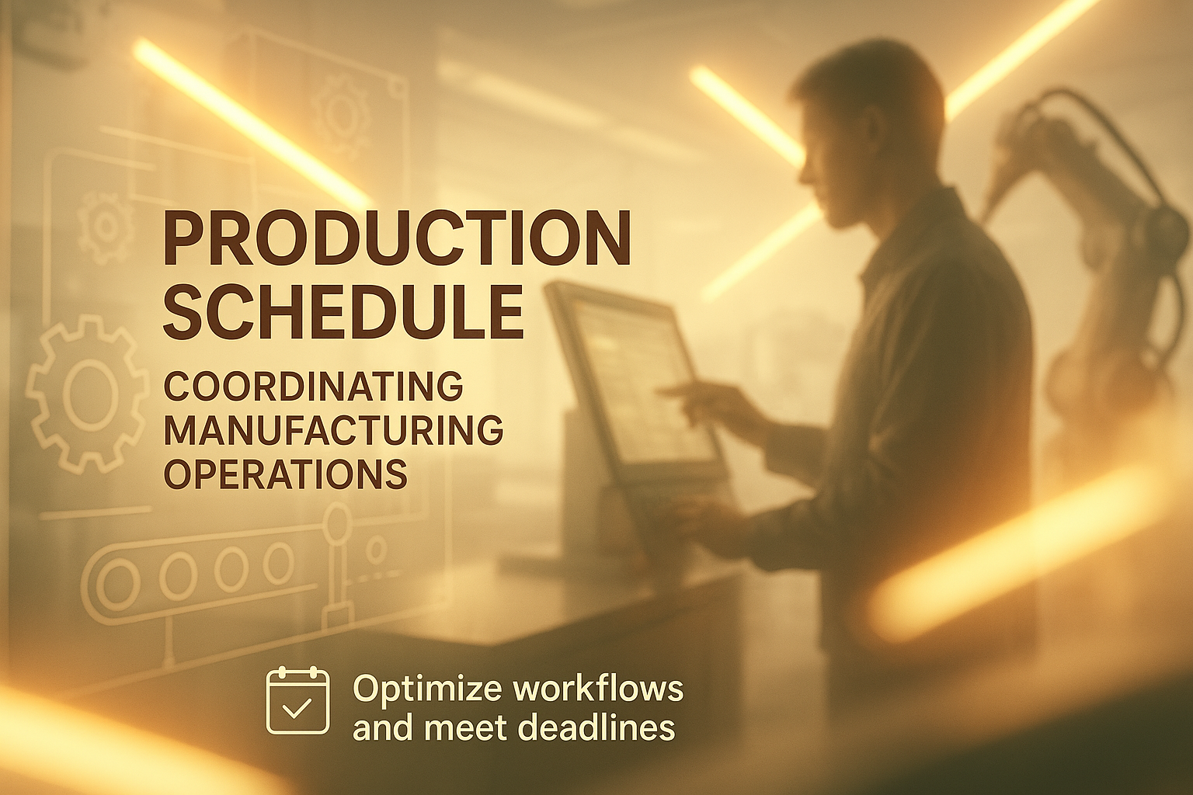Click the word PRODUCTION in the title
pos(397,238)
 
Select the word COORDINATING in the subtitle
pos(313,387)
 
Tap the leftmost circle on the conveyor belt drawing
pos(118,584)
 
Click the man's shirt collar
pos(906,234)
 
